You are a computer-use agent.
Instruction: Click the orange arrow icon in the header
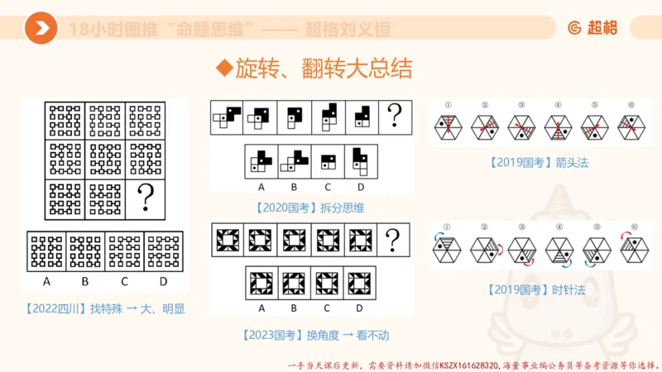[41, 29]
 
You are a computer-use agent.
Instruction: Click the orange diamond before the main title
[222, 69]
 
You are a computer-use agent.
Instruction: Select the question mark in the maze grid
[146, 198]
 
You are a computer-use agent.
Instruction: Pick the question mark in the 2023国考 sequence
[393, 240]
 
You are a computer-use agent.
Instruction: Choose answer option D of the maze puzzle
[163, 249]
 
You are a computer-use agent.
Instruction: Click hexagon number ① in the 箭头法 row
[447, 126]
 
